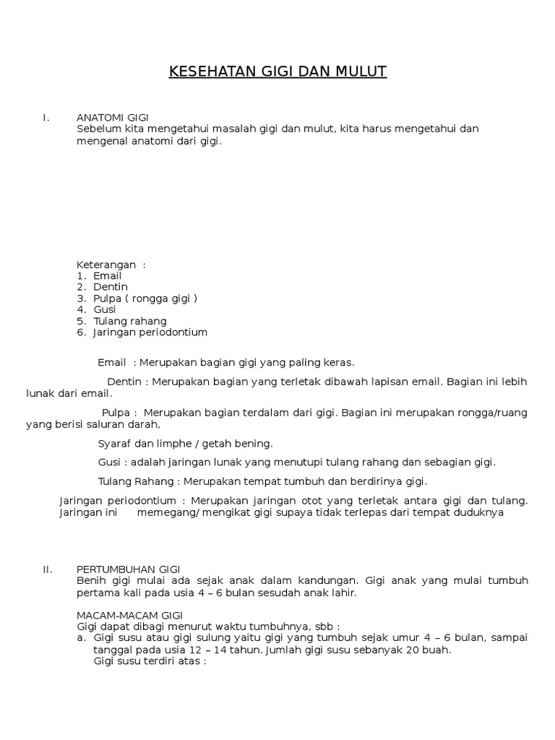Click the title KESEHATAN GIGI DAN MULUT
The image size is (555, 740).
pos(277,72)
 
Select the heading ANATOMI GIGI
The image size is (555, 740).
pos(112,118)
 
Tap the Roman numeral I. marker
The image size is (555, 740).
pos(46,118)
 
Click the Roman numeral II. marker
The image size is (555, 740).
pos(48,569)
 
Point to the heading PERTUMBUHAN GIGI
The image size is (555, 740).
pos(128,569)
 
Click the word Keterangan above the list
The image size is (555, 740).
pos(106,264)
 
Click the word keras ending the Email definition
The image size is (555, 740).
pos(339,362)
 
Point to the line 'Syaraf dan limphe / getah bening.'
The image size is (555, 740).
pos(185,443)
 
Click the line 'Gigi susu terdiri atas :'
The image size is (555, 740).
pos(150,661)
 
